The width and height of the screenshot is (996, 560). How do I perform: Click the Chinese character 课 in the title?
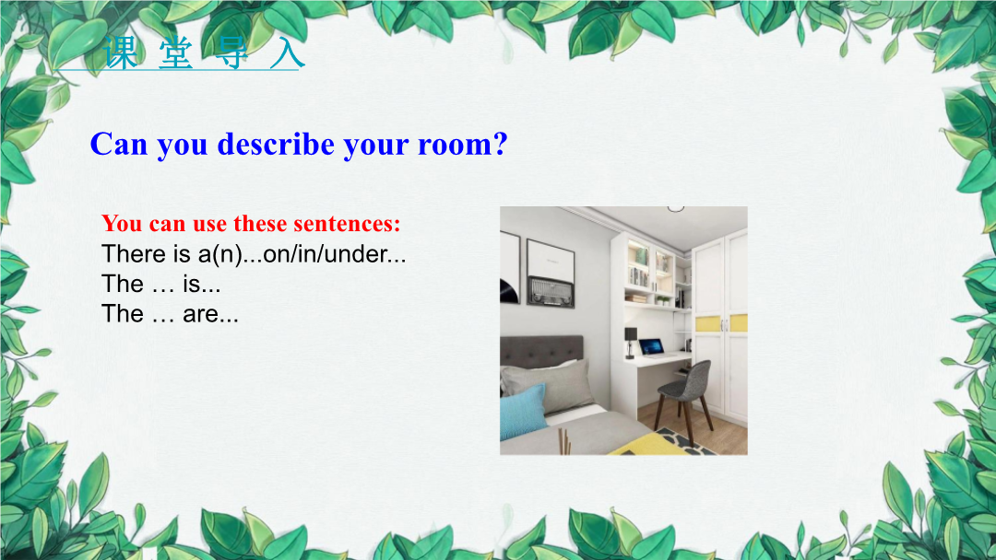click(121, 52)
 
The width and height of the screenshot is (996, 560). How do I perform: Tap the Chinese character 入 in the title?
click(287, 52)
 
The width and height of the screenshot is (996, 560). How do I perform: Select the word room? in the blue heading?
click(462, 144)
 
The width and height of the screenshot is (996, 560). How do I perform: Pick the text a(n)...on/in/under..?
click(302, 254)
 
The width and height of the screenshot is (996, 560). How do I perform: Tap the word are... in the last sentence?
click(211, 314)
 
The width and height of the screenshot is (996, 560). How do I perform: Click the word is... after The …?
click(202, 284)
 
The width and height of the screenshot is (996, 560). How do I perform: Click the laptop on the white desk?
click(651, 347)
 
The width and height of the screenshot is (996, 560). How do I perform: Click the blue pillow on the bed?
click(524, 412)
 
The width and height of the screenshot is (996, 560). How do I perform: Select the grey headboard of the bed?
click(542, 351)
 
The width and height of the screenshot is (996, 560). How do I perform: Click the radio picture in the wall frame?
click(551, 292)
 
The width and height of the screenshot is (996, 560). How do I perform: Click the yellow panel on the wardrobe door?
click(708, 323)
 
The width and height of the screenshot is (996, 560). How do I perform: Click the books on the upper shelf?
click(638, 276)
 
